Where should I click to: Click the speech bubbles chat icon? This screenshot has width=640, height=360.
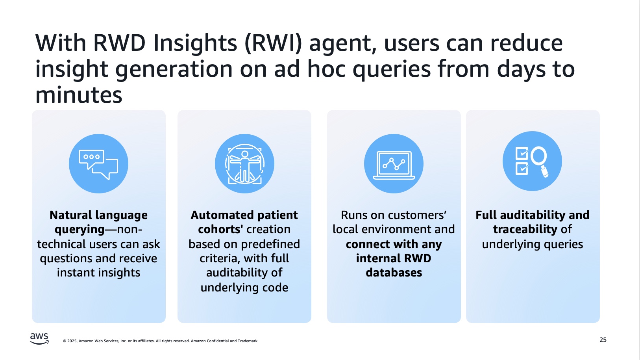click(98, 164)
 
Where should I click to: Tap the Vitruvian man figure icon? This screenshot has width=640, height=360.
click(244, 164)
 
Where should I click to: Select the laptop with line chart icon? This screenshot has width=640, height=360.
click(394, 164)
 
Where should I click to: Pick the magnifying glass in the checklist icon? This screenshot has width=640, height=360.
click(540, 161)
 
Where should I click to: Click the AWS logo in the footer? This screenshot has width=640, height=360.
click(39, 338)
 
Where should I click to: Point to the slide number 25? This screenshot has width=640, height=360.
click(603, 340)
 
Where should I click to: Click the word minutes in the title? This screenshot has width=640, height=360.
click(79, 95)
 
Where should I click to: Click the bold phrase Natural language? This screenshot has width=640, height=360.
click(98, 215)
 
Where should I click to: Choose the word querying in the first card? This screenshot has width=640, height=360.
click(80, 230)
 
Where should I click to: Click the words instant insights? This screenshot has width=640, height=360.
click(98, 273)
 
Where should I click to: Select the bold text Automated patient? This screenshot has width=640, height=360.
click(244, 215)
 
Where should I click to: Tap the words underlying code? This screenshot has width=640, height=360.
click(244, 288)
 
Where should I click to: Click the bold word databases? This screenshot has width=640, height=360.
click(394, 273)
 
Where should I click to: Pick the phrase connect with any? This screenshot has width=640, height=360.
click(394, 244)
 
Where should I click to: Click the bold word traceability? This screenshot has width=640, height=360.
click(525, 229)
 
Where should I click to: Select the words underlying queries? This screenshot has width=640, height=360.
click(532, 244)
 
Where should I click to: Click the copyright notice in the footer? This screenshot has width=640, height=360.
click(161, 341)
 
